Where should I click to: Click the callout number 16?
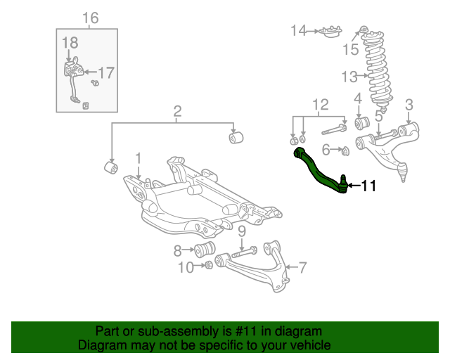point(91,18)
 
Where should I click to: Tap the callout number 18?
point(69,44)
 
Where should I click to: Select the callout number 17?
point(105,72)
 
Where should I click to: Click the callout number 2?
point(177,110)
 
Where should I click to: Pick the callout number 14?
point(298,30)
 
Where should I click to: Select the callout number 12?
point(320,105)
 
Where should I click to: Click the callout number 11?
point(369,186)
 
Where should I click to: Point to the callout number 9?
point(240,231)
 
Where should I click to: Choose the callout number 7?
point(303,267)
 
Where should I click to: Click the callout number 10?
point(185,266)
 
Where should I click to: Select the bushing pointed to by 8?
point(205,250)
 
